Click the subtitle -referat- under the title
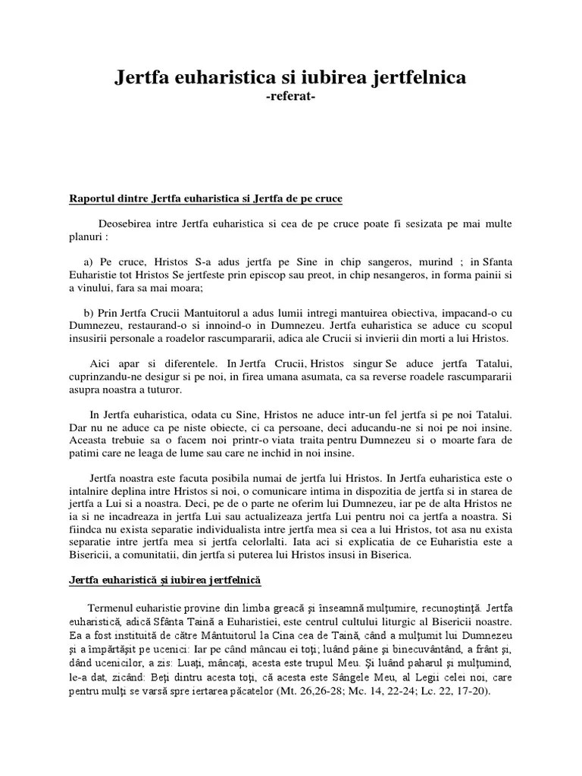coord(290,96)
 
